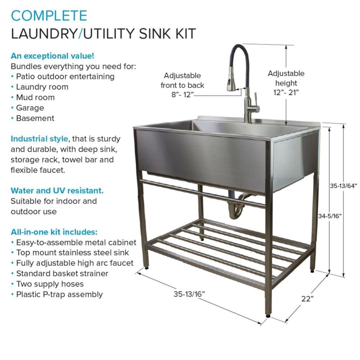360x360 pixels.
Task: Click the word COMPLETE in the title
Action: pyautogui.click(x=49, y=16)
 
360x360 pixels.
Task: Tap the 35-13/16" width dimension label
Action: pyautogui.click(x=189, y=294)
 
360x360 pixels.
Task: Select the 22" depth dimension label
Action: pyautogui.click(x=307, y=298)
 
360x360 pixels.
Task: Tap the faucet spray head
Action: pyautogui.click(x=230, y=84)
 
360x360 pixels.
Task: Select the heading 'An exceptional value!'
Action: pyautogui.click(x=53, y=56)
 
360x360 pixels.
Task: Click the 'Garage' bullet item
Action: pyautogui.click(x=30, y=108)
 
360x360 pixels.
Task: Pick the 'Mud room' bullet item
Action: pyautogui.click(x=35, y=97)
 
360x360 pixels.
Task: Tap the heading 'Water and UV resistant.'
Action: pyautogui.click(x=57, y=190)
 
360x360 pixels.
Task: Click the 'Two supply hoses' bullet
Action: pyautogui.click(x=50, y=284)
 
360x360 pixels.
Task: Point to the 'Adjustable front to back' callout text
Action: pyautogui.click(x=182, y=85)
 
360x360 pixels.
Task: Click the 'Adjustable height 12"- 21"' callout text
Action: pyautogui.click(x=286, y=82)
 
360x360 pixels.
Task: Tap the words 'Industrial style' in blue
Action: pyautogui.click(x=39, y=139)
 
